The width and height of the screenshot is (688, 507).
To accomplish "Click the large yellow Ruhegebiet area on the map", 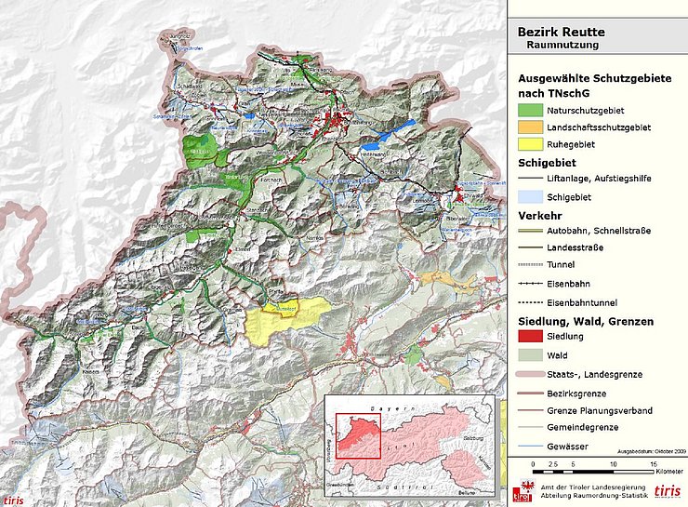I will [285, 321].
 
